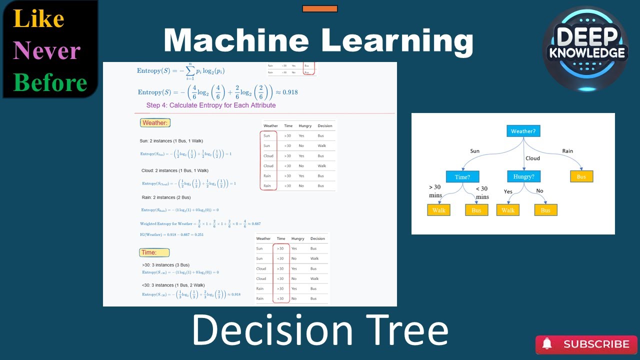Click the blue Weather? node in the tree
[523, 131]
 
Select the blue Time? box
[462, 176]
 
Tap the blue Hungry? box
[523, 176]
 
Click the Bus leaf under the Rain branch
[581, 176]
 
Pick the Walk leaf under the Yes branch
[508, 210]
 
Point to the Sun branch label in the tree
[474, 151]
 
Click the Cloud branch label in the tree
[532, 158]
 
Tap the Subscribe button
[586, 344]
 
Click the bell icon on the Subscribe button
[547, 344]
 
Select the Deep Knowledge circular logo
[585, 49]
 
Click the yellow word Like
[38, 19]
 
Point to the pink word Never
[46, 50]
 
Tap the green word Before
[50, 82]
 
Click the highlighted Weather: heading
[155, 123]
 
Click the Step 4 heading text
[210, 105]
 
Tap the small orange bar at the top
[320, 8]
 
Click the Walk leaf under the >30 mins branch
[438, 210]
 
